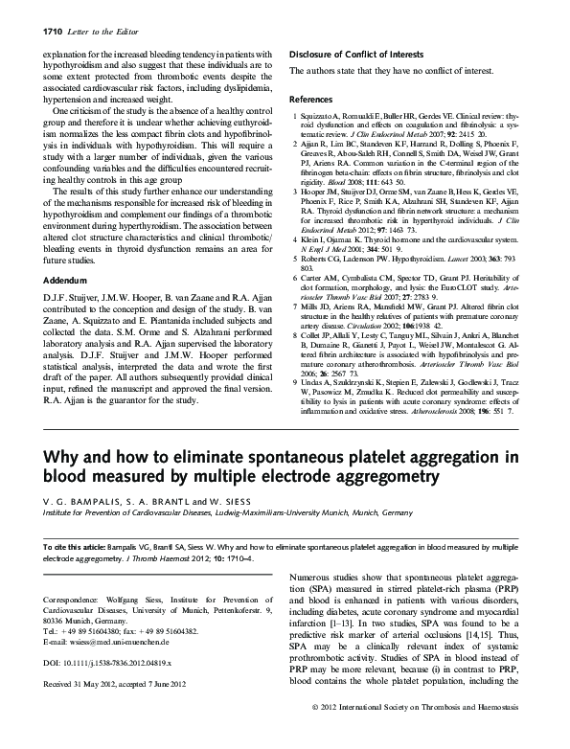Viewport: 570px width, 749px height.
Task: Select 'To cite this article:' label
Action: pyautogui.click(x=81, y=543)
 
